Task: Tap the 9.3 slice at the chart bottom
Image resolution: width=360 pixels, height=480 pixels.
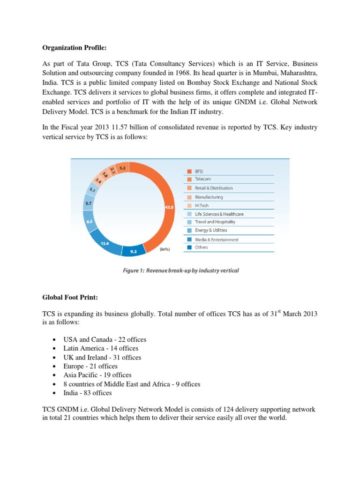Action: pyautogui.click(x=134, y=252)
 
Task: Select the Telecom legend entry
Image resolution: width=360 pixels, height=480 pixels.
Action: pyautogui.click(x=202, y=179)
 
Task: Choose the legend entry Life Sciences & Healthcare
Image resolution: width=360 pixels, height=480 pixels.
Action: pyautogui.click(x=219, y=214)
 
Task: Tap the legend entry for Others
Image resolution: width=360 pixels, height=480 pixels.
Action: pyautogui.click(x=201, y=247)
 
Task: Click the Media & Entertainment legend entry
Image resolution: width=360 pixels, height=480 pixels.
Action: pyautogui.click(x=216, y=240)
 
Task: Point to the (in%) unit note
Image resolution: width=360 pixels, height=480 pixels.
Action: pyautogui.click(x=165, y=249)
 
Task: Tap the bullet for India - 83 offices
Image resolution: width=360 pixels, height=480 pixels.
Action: pyautogui.click(x=88, y=393)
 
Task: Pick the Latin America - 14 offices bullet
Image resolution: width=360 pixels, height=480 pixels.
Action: pyautogui.click(x=101, y=348)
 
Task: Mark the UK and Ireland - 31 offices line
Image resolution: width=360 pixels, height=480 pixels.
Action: pyautogui.click(x=102, y=357)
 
